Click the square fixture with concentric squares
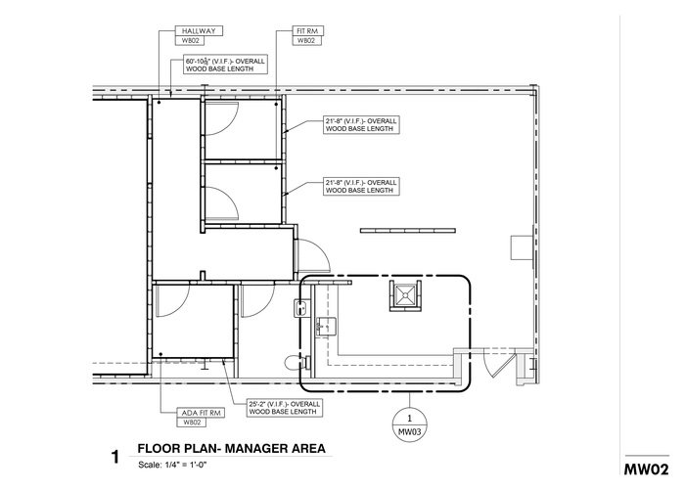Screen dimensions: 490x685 (x=404, y=293)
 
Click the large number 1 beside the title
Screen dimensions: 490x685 (x=115, y=456)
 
